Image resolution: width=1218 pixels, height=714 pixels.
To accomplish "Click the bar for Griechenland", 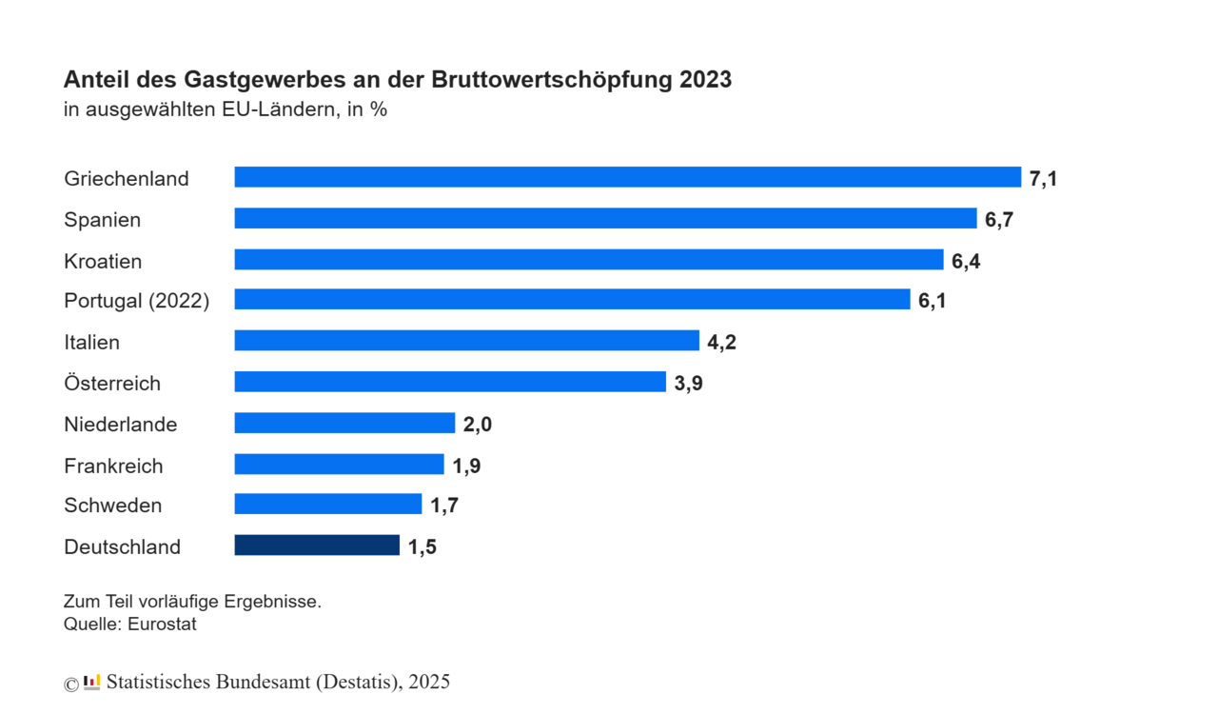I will [627, 177].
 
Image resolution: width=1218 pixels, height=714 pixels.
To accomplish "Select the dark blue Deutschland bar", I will [317, 545].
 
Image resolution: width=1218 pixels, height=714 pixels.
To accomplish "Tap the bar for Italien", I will [466, 341].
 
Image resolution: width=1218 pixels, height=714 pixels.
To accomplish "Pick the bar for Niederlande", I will [344, 423].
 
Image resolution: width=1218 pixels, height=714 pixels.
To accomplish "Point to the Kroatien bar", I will [588, 260].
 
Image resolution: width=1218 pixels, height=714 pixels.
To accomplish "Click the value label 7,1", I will [1043, 178].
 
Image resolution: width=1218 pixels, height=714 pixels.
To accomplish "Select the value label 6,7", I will [999, 220].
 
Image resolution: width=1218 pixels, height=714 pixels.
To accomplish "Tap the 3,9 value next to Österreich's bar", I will [688, 384].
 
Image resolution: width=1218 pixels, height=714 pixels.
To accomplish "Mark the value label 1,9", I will [466, 466].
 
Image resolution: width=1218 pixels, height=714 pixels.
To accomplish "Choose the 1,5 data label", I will [422, 547].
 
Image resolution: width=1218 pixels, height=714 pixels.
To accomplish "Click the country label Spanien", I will [102, 220].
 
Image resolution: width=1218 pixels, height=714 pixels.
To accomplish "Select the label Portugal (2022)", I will [136, 301].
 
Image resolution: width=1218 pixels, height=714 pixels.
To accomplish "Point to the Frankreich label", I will [113, 466].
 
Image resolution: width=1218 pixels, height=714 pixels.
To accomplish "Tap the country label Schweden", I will [112, 506].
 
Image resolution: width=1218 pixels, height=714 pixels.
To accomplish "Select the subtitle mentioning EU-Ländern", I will [225, 109].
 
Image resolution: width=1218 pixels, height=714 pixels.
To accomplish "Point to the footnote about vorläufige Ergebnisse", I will [192, 603].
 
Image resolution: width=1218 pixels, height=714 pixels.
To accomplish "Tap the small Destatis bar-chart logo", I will [91, 682].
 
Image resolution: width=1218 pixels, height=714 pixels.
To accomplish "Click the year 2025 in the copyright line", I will [429, 683].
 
